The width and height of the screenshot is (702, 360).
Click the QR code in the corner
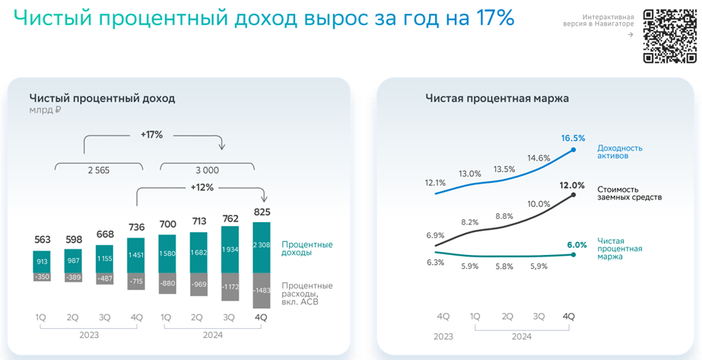669,36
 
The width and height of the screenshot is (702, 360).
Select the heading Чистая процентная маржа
497,98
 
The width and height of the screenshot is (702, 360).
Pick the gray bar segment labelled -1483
261,291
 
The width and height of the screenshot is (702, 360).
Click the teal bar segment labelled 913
41,261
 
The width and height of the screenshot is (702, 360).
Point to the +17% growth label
151,135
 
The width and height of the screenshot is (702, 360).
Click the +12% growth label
201,187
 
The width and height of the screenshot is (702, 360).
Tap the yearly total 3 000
206,170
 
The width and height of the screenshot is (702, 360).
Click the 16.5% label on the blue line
573,139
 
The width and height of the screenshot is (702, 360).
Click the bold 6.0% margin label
577,245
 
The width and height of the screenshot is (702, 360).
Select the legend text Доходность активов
620,152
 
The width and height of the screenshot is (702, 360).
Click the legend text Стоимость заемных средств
629,193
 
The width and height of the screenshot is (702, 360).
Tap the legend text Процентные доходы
307,249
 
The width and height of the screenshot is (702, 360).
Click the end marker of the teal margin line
573,254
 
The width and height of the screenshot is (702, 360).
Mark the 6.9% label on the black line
435,236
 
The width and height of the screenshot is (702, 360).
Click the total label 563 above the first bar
41,240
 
